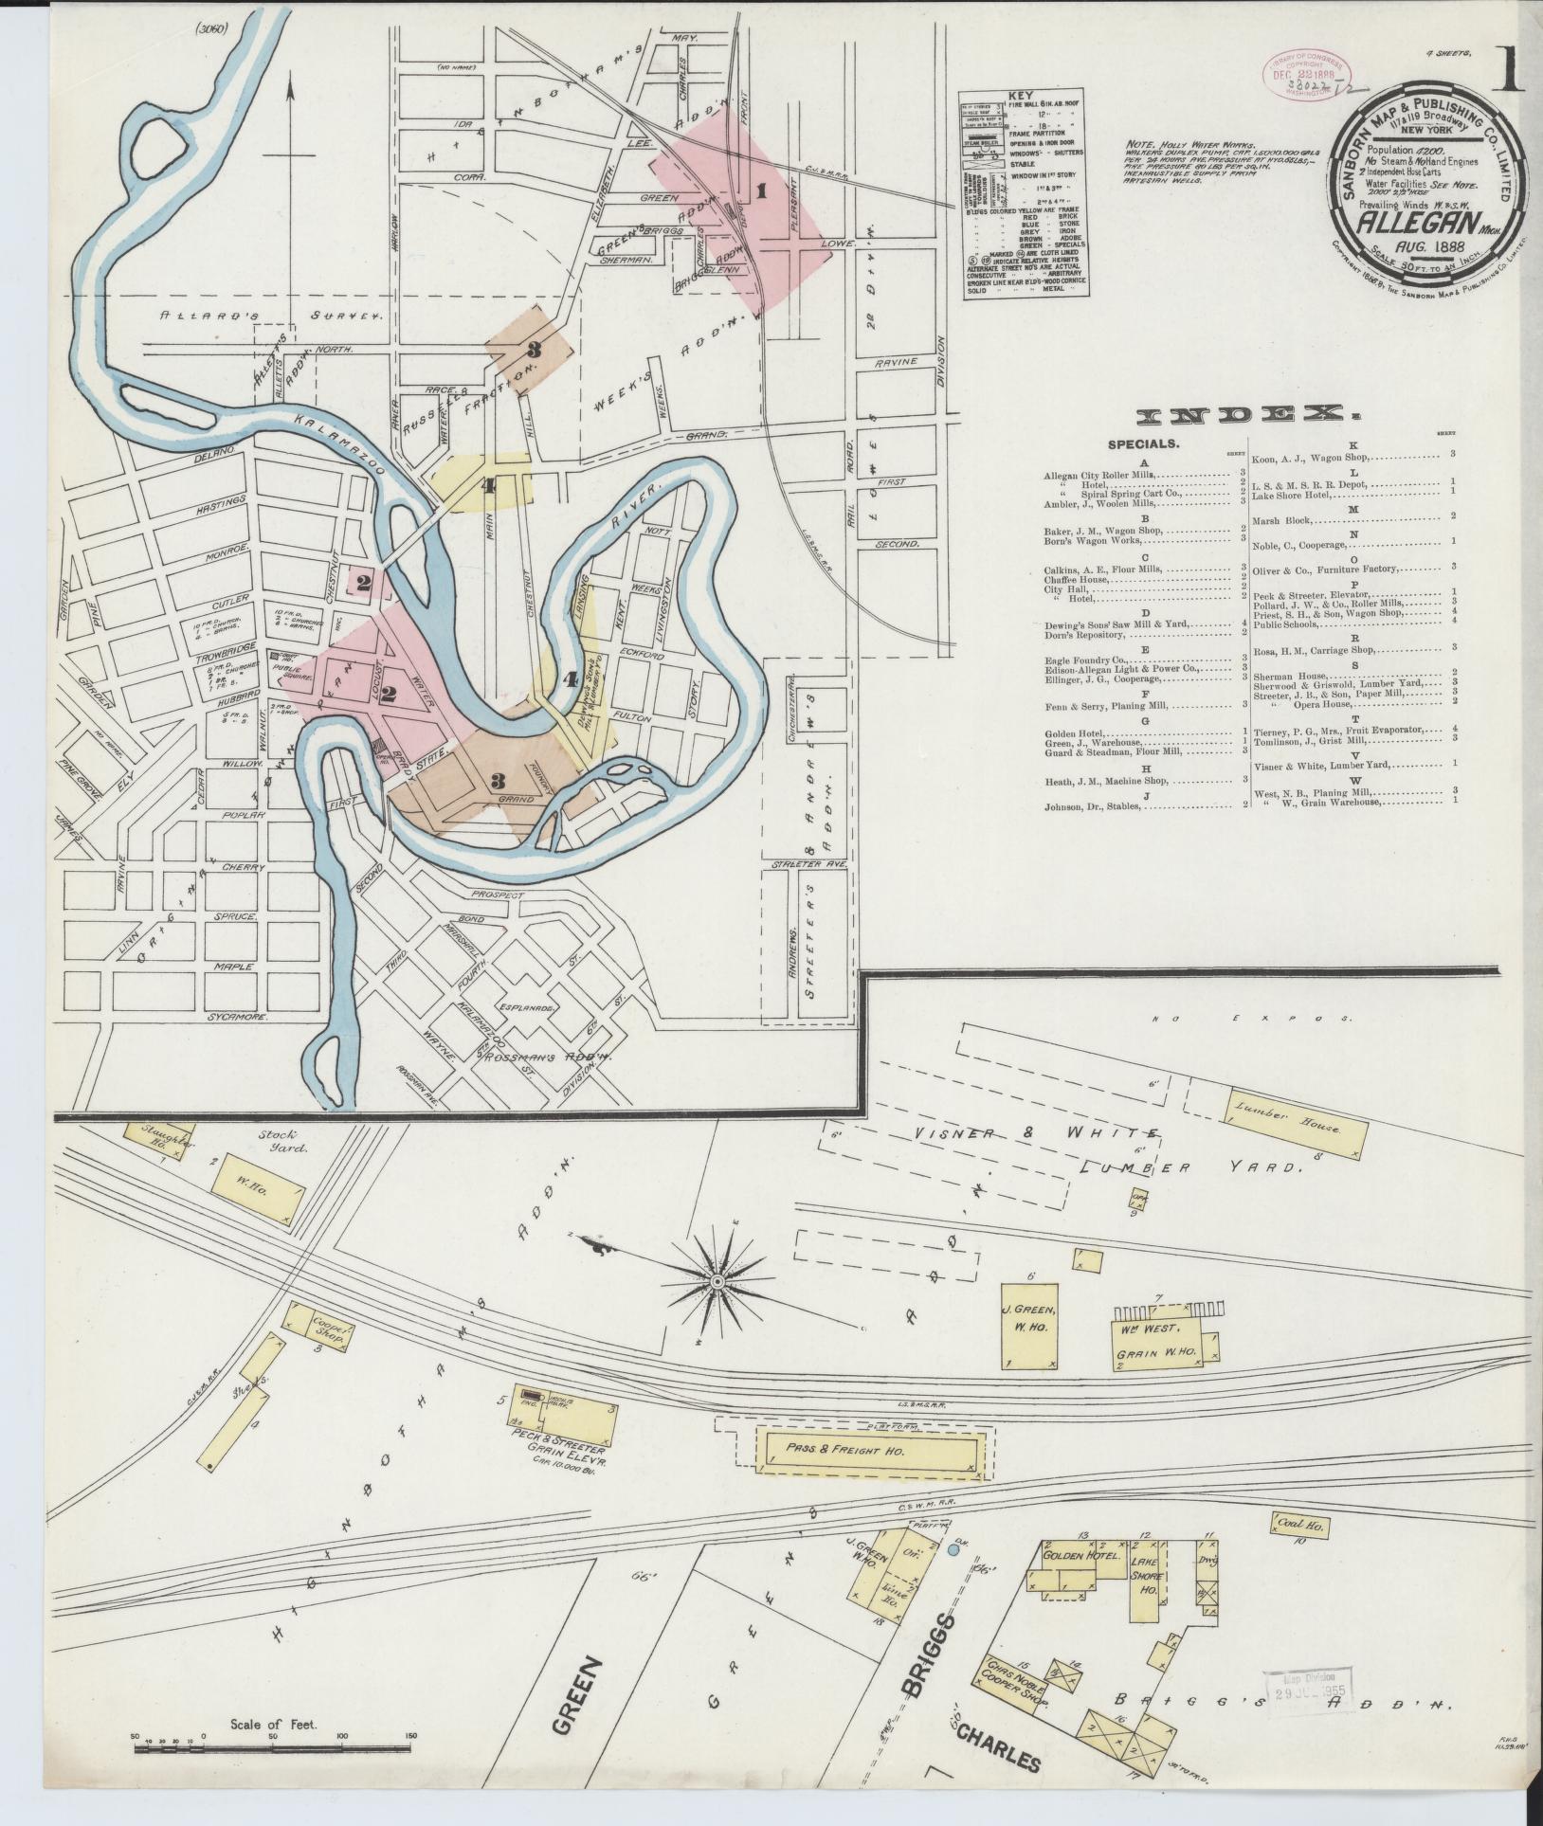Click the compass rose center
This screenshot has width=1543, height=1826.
pos(717,1281)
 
